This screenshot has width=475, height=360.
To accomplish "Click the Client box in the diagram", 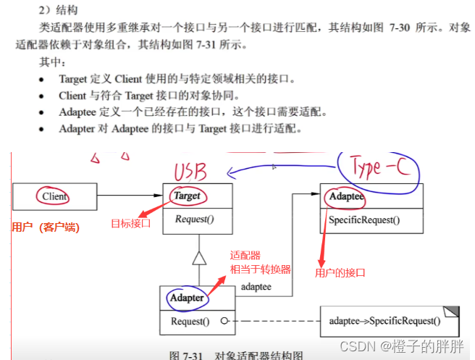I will point(54,196).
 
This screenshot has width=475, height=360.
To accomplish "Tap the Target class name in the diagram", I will point(187,196).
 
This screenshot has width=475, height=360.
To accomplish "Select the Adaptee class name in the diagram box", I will point(346,196).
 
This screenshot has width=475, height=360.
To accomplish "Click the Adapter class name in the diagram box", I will point(186,298).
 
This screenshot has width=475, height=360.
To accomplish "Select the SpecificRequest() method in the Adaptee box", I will point(364,220).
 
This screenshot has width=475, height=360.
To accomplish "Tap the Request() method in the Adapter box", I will point(190,321).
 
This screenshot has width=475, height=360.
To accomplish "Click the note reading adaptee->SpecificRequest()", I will point(384,321).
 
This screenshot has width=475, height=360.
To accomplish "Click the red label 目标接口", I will point(130,222).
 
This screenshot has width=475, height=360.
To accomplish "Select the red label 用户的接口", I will point(340,272).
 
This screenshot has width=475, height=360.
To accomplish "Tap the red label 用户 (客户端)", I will point(46,227).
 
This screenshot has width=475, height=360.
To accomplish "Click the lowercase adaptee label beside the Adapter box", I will point(256,288).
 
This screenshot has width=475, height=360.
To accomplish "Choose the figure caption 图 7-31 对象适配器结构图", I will point(235,355).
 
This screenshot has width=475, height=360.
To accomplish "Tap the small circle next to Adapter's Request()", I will point(226,321).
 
